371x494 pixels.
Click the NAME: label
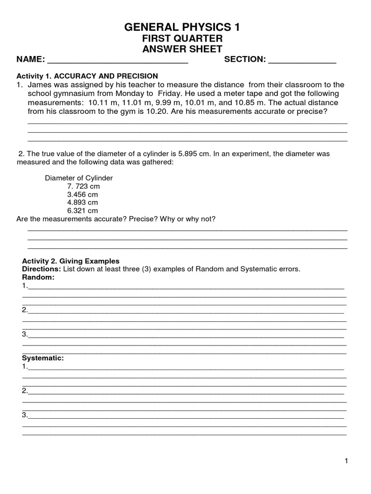click(x=31, y=60)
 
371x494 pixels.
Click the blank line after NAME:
click(x=118, y=62)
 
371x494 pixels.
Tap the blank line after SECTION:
click(x=302, y=62)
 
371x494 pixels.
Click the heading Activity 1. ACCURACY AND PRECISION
click(x=87, y=76)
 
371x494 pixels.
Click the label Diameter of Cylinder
click(x=79, y=178)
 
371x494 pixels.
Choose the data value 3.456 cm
click(x=83, y=194)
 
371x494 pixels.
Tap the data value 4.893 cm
click(x=83, y=203)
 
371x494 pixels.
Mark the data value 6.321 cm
click(x=83, y=211)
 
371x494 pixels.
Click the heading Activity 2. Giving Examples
click(x=71, y=261)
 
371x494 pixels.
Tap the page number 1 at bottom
click(x=346, y=461)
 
